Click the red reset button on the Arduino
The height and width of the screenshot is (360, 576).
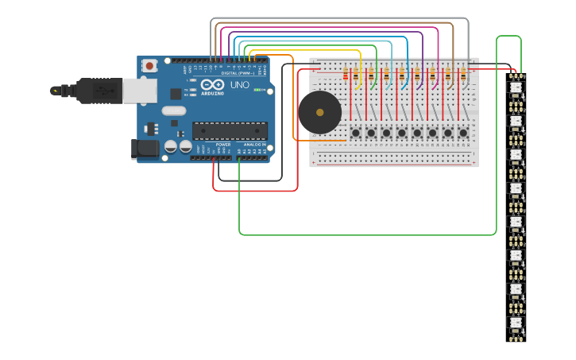tap(149, 66)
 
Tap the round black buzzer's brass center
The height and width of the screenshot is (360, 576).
tap(319, 112)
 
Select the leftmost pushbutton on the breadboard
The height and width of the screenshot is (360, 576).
tap(356, 132)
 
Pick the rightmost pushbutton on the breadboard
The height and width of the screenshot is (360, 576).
tap(462, 132)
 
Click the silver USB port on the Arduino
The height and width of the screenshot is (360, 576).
tap(138, 91)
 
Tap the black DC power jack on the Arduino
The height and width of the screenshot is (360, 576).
tap(145, 148)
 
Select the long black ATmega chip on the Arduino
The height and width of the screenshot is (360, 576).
tap(230, 130)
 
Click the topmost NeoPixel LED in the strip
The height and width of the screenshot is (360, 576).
tap(516, 87)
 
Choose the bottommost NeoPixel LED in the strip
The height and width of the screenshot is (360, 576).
tap(516, 323)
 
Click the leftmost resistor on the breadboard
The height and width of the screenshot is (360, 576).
tap(345, 76)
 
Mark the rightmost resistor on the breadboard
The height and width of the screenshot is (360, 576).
tap(464, 76)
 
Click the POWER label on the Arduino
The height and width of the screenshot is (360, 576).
tap(223, 145)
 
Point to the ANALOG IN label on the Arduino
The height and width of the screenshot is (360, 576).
tap(254, 145)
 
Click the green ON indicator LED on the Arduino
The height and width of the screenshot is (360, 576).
tap(257, 90)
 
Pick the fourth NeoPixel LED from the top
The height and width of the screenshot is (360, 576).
tap(516, 188)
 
